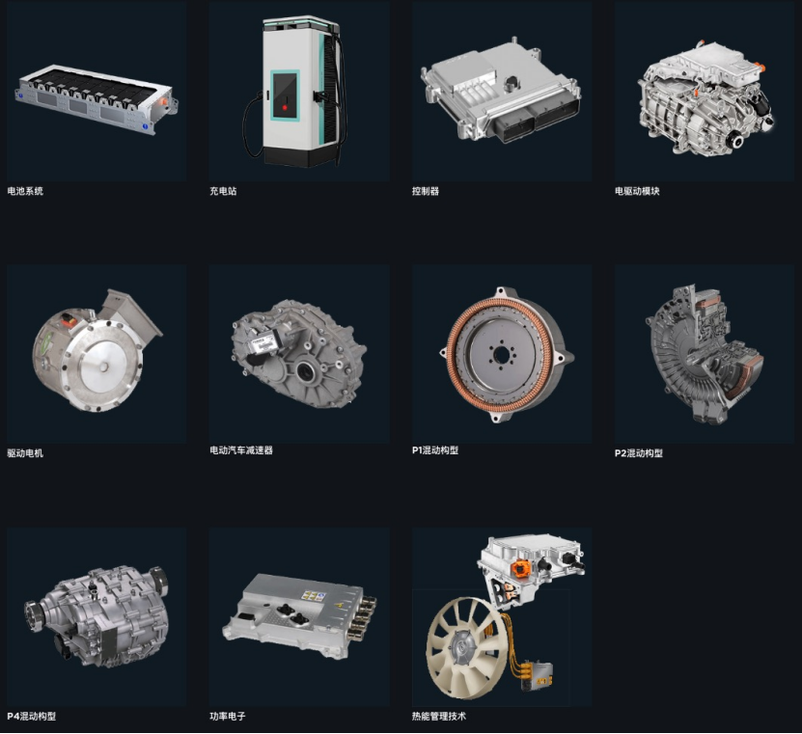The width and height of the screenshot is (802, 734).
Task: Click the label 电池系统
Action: coord(25,191)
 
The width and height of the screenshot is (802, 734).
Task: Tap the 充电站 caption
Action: coord(223,191)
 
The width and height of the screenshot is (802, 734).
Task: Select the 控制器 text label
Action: coord(426,191)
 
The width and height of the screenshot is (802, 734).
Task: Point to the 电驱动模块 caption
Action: coord(637,191)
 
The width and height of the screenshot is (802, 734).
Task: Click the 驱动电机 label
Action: coord(25,453)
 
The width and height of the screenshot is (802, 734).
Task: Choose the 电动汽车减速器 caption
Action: coord(241,450)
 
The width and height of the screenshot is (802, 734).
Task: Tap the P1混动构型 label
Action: coord(434,450)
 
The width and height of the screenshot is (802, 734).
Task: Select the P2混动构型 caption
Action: coord(638,453)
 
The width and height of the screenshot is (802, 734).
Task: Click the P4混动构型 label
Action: coord(31,716)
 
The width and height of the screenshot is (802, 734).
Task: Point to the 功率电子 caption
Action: coord(228,716)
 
